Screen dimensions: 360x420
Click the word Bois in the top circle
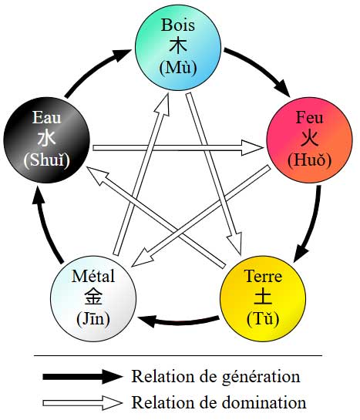tap(178, 25)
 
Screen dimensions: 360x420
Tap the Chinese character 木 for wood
tap(178, 45)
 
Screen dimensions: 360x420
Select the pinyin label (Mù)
tap(178, 68)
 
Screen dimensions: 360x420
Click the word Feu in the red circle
tap(309, 117)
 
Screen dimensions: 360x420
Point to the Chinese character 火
tap(310, 138)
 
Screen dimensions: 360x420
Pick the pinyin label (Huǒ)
tap(310, 160)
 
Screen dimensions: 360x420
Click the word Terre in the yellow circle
tap(263, 276)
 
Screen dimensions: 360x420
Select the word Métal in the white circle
tap(93, 276)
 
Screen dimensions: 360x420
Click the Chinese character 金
tap(93, 296)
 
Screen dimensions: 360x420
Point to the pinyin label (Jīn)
tap(93, 318)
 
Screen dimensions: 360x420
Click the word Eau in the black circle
tap(46, 117)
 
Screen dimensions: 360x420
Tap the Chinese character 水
tap(46, 138)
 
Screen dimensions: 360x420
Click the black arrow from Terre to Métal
tap(178, 321)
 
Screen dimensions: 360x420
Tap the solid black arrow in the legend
tap(82, 376)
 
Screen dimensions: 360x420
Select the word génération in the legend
tap(261, 377)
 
